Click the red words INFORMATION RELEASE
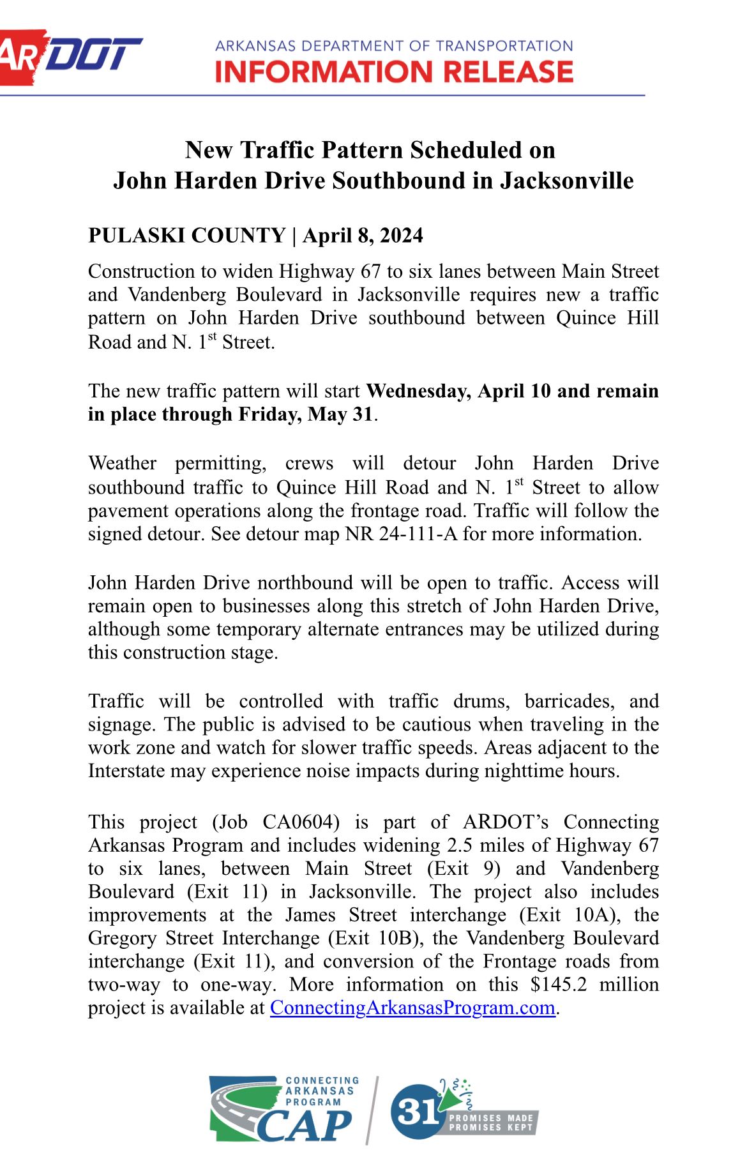point(394,72)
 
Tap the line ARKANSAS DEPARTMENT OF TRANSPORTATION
point(394,46)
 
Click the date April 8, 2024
point(363,236)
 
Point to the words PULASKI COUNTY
point(186,236)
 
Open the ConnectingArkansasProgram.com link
point(412,1008)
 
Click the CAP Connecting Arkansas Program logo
point(283,1109)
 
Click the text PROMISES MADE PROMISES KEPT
point(491,1123)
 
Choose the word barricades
point(570,701)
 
